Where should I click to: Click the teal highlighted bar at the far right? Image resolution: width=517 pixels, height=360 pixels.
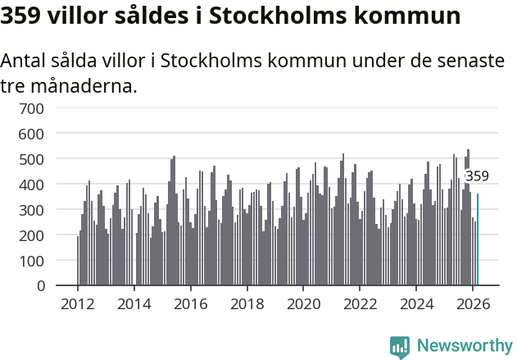[478, 239]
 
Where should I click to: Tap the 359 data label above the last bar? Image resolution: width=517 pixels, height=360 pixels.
[477, 175]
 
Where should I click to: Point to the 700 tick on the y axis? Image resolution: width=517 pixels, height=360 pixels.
[43, 107]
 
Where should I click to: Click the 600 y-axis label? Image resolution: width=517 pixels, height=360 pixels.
[43, 133]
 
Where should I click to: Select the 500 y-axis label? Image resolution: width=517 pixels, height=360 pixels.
[43, 158]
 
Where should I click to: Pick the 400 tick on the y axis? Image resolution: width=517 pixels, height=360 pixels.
[43, 185]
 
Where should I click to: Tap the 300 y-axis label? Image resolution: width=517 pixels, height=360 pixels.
[43, 210]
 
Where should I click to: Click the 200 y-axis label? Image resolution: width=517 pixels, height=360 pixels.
[43, 235]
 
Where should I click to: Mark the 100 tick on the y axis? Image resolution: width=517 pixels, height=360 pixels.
[43, 261]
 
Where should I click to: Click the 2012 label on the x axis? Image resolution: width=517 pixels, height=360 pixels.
[78, 303]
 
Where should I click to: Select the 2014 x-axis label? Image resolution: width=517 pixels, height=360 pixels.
[134, 303]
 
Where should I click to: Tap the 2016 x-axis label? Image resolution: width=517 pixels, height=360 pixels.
[191, 303]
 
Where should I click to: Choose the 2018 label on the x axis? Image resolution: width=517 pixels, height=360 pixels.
[247, 303]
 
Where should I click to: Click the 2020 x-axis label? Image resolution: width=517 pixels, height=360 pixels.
[303, 303]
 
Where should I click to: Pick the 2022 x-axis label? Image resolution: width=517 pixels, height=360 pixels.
[360, 303]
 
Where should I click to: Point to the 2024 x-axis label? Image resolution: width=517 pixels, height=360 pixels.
[416, 303]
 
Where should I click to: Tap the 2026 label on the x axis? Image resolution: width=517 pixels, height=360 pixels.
[473, 303]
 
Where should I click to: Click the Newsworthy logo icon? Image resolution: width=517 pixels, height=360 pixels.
[400, 347]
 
